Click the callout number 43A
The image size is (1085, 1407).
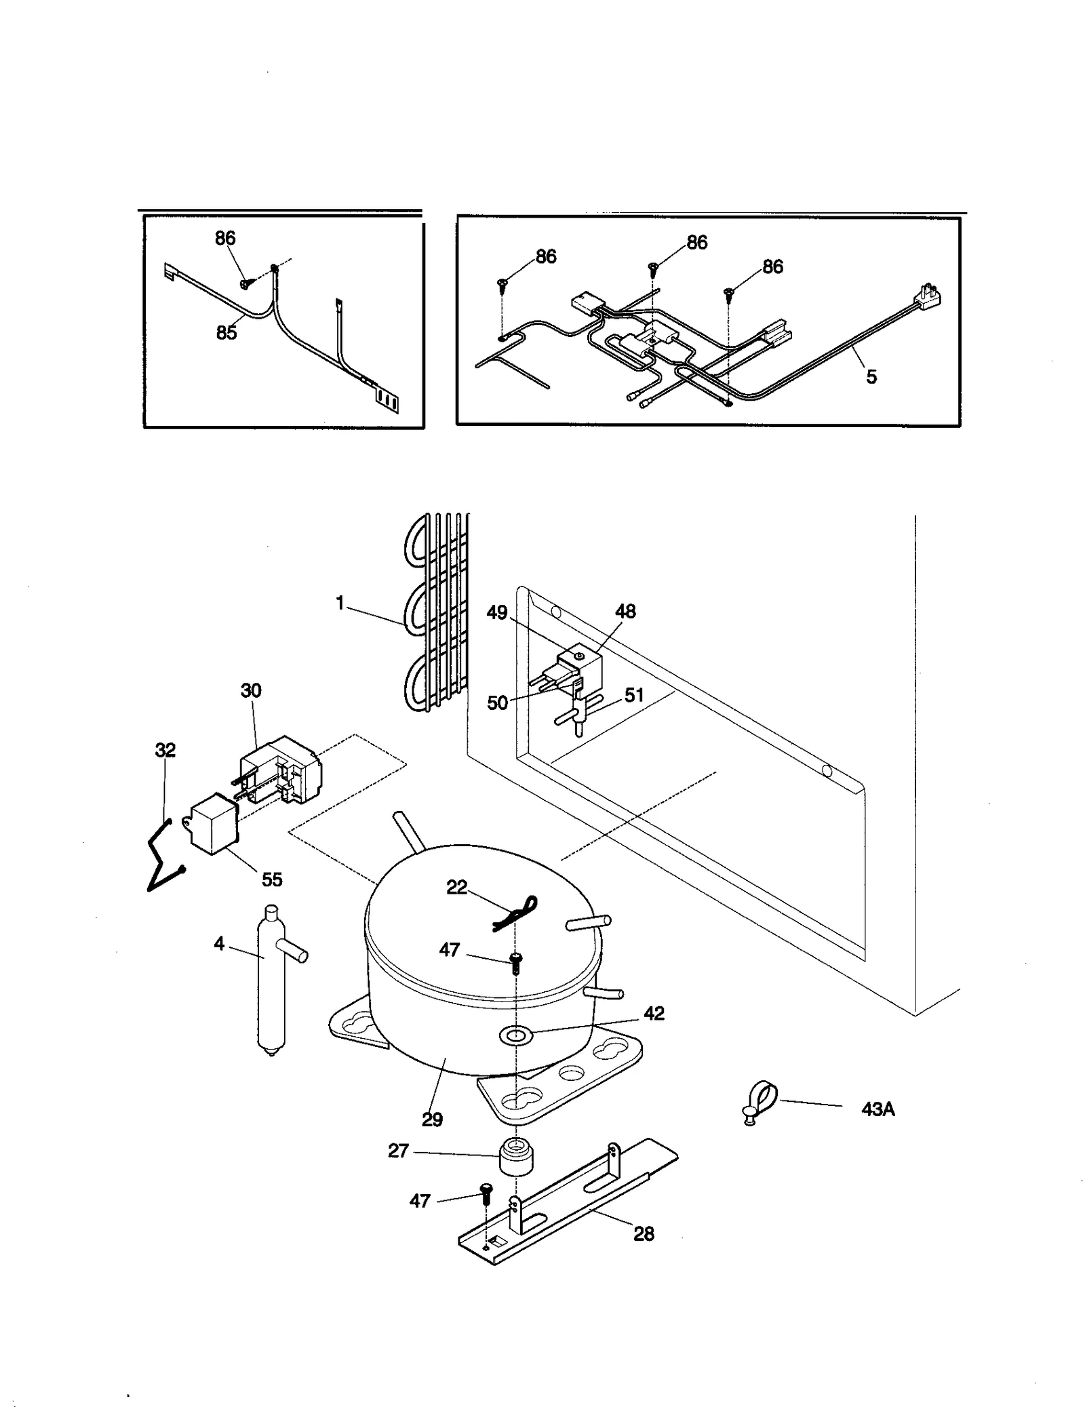[x=877, y=1110]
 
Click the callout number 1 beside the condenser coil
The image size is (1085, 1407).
[x=340, y=602]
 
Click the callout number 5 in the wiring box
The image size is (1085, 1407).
[x=871, y=377]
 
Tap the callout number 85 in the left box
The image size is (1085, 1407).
[x=226, y=333]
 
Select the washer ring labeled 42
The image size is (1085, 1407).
[x=515, y=1035]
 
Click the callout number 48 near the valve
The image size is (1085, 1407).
[x=625, y=612]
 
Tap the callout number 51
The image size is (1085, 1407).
[x=634, y=695]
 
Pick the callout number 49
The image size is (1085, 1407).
[x=497, y=613]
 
